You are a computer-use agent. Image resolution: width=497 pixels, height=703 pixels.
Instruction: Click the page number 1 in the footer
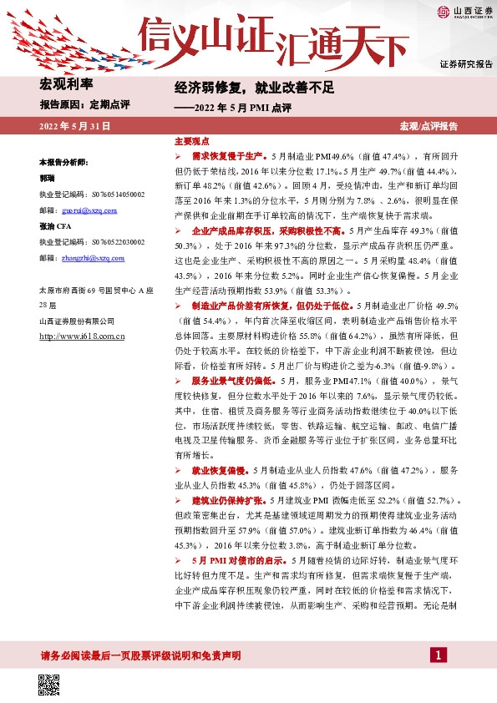point(435,655)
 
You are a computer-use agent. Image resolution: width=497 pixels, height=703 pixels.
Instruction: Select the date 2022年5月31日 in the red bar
point(74,125)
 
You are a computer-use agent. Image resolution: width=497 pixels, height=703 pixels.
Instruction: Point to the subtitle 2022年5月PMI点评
point(237,107)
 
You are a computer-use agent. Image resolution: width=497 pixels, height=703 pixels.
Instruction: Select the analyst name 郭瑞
point(48,178)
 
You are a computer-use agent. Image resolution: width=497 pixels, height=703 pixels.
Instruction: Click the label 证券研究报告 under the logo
point(466,63)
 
